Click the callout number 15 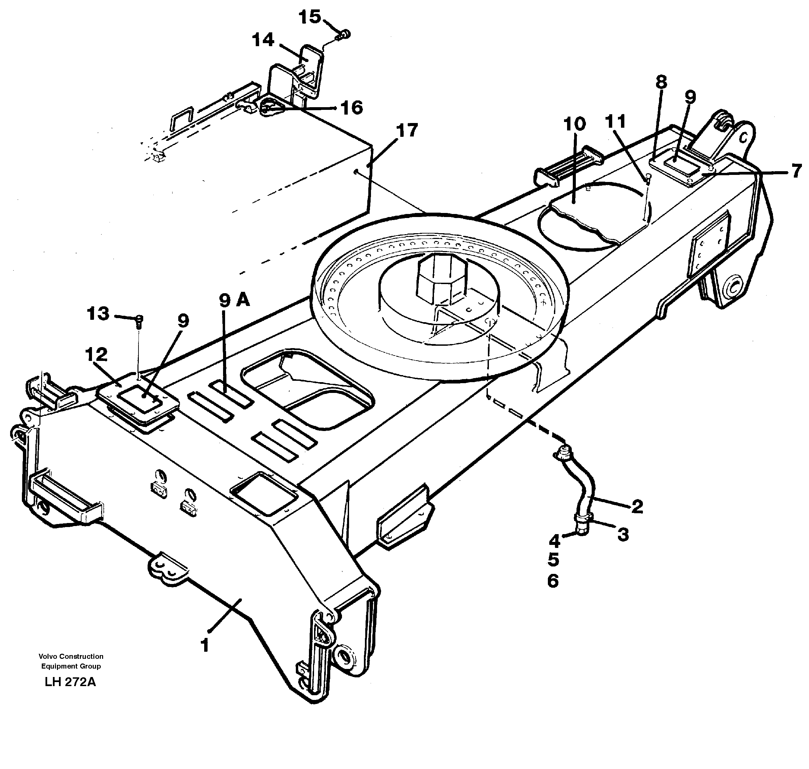tap(309, 17)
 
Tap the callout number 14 tap(263, 40)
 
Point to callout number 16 tap(352, 108)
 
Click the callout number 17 tap(407, 130)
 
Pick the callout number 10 tap(574, 124)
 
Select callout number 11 tap(616, 122)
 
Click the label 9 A tap(235, 301)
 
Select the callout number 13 tap(98, 314)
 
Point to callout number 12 tap(97, 355)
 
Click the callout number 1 tap(205, 646)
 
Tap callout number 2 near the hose tap(637, 507)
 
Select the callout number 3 tap(623, 534)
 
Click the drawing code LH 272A tap(70, 682)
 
